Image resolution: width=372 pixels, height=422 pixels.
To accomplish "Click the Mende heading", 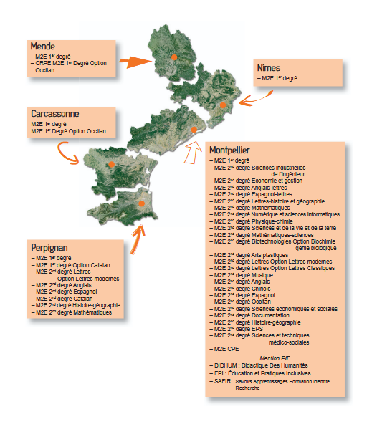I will click(44, 47).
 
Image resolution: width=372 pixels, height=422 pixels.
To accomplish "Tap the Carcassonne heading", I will click(54, 114).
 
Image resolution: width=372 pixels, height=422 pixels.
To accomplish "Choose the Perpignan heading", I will click(52, 246).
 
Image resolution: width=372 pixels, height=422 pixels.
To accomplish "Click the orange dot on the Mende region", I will click(173, 56).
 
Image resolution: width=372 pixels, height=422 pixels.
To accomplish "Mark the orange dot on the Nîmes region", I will click(224, 105).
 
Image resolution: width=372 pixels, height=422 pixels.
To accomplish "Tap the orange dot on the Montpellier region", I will click(194, 130).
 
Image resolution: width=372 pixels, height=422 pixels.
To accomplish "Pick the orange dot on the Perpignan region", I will click(142, 203).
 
